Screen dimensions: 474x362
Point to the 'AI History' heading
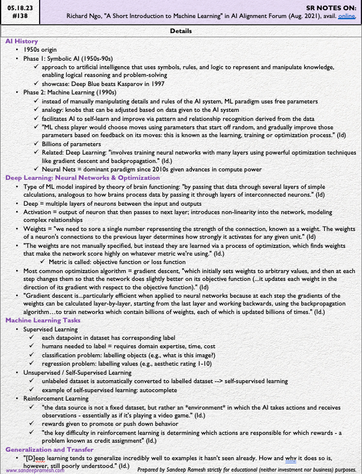click(22, 40)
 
